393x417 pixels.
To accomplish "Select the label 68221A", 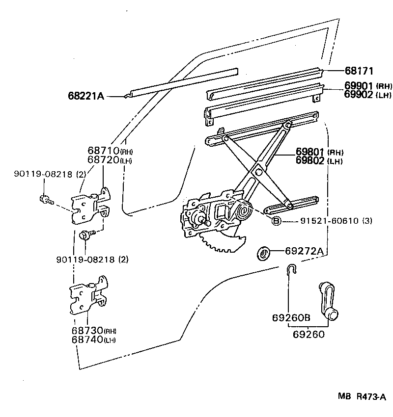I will pos(86,96).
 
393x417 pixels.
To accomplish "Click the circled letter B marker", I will pos(277,221).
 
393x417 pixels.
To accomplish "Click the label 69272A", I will pos(304,252).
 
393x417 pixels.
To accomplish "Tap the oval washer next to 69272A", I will pos(264,254).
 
